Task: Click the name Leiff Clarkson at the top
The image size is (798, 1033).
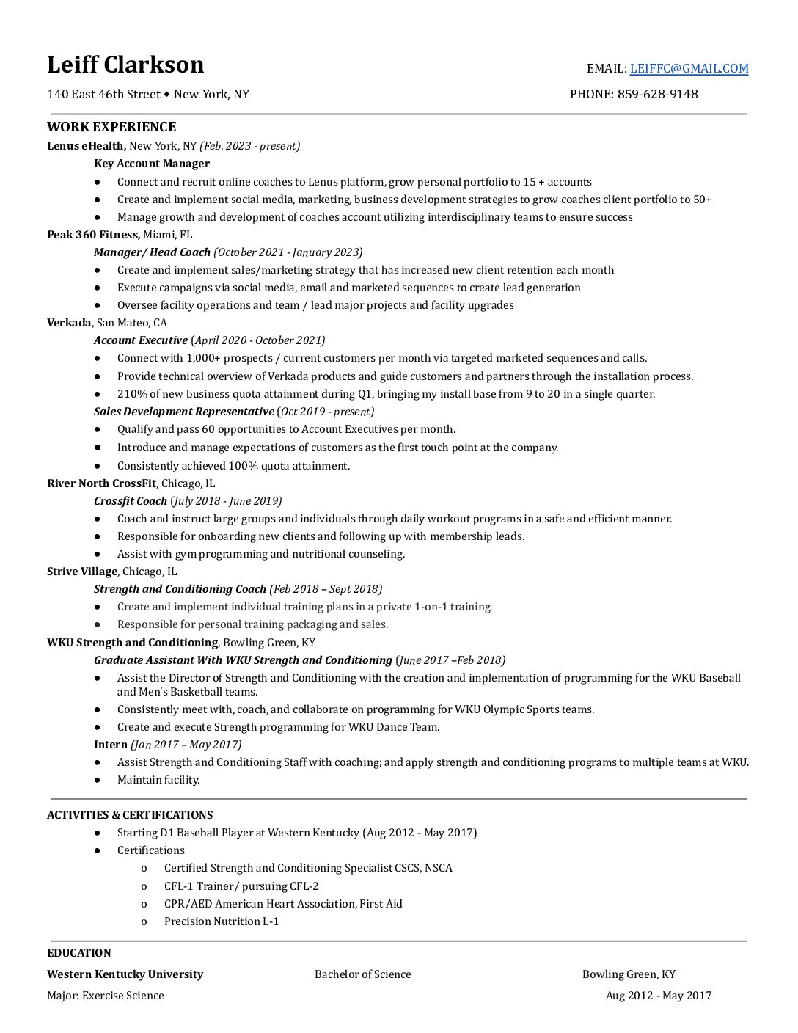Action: pos(125,65)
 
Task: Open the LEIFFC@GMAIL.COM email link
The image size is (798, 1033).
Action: pos(689,68)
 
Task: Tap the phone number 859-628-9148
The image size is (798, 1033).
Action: pos(657,94)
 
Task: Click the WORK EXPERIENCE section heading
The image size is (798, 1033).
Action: pos(111,127)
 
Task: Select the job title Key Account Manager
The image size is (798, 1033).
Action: pos(152,164)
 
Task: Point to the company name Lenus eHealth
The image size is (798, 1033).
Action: pos(86,146)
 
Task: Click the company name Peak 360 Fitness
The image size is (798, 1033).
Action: pos(93,235)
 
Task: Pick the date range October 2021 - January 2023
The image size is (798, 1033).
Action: pos(288,252)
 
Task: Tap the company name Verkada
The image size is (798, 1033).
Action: pos(69,323)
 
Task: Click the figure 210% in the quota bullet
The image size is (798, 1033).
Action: pos(132,394)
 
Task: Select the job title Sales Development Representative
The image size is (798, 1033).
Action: pos(183,412)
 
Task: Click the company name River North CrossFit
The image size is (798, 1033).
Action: pos(101,483)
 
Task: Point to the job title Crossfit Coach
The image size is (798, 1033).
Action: pos(131,501)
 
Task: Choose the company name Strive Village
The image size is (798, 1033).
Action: pos(82,572)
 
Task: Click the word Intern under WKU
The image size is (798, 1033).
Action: pos(111,745)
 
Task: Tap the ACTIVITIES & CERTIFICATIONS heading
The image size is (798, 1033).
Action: pos(130,815)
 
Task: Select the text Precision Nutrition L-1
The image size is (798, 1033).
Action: pos(222,921)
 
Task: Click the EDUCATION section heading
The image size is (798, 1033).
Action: pos(79,953)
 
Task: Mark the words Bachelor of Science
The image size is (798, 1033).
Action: pos(362,974)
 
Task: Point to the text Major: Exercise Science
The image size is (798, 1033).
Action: pos(106,996)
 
